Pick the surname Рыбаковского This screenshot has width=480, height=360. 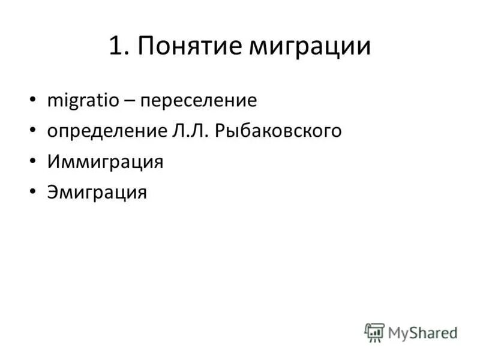282,131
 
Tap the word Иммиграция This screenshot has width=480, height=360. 104,162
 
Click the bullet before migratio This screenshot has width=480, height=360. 32,100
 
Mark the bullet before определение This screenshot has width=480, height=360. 32,131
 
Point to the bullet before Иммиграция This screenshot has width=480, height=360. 32,161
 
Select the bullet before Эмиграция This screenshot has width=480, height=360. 32,193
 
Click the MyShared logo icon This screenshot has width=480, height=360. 374,332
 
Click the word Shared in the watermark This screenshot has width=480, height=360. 432,332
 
